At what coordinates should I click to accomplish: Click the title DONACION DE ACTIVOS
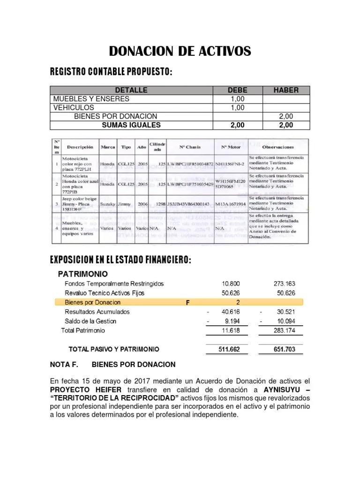pos(180,51)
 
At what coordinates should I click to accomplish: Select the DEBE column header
pos(237,90)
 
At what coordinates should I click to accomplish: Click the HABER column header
pos(285,90)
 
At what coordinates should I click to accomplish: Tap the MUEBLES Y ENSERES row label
pos(91,99)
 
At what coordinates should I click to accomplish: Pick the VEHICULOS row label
pos(74,107)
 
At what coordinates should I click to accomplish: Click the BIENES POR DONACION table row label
pos(116,116)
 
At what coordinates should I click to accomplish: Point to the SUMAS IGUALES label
pos(131,125)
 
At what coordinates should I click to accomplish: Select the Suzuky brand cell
pos(108,204)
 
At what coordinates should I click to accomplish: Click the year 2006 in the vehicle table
pos(142,204)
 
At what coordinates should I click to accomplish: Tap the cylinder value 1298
pos(160,204)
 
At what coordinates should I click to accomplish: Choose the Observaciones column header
pos(278,147)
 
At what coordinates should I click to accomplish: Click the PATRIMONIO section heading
pos(82,274)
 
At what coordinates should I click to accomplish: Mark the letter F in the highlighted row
pos(187,302)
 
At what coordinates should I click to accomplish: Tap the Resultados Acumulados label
pos(97,312)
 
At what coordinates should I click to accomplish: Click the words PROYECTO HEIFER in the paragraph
pos(86,390)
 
